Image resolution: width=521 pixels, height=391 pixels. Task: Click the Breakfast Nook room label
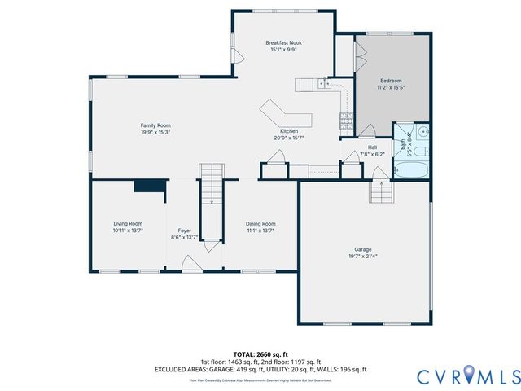(x=283, y=42)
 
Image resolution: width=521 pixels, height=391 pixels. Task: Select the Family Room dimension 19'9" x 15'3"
(x=155, y=132)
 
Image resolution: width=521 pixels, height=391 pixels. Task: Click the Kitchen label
(x=289, y=131)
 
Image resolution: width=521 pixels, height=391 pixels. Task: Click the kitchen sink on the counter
(x=325, y=83)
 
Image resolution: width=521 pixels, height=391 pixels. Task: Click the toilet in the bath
(x=422, y=151)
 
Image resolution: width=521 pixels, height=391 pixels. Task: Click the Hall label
(x=372, y=147)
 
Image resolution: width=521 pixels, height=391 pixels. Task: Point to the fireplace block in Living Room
(x=150, y=186)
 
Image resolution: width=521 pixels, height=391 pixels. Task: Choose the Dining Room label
(x=260, y=223)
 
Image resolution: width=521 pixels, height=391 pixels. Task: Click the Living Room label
(x=128, y=223)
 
